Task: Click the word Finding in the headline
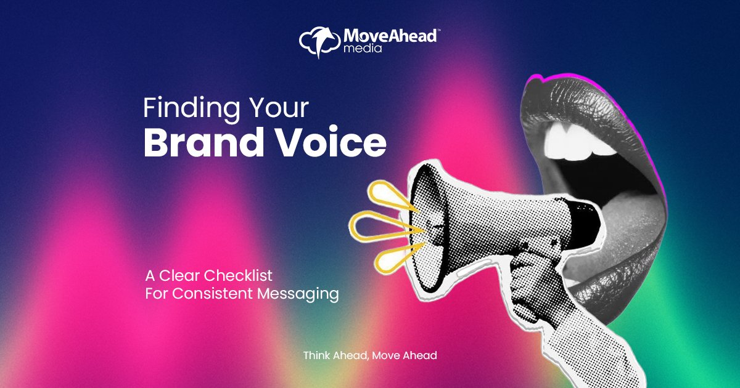[x=184, y=109]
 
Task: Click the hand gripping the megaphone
[x=530, y=271]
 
